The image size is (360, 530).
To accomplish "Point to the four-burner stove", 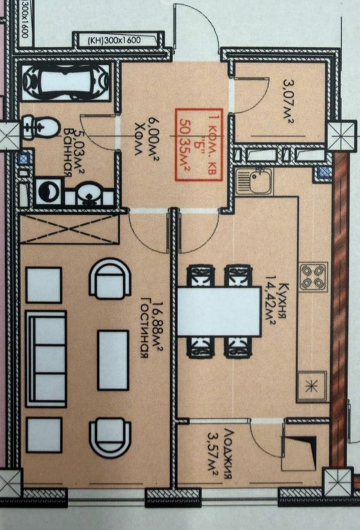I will [x=313, y=277].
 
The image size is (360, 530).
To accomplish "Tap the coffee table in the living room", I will [x=113, y=360].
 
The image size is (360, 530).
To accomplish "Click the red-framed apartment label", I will [x=199, y=145].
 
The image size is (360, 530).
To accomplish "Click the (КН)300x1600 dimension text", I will [x=115, y=41].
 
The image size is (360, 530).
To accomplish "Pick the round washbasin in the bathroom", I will [x=87, y=193].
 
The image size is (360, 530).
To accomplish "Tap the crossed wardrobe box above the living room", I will [x=70, y=229].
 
